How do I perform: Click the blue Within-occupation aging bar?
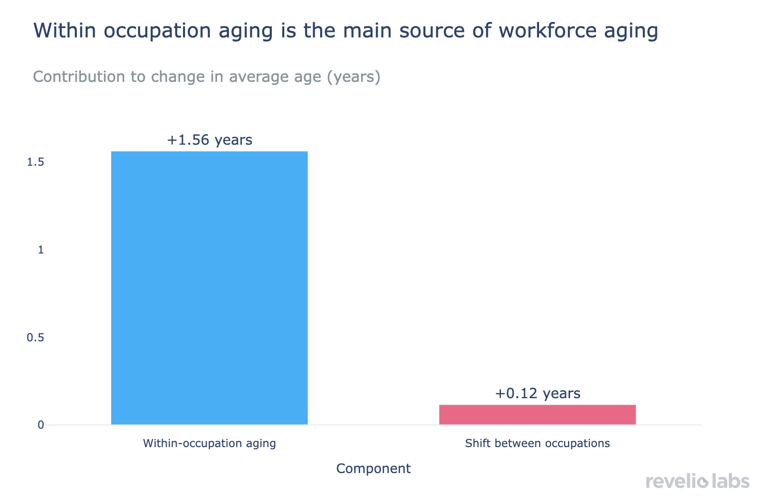coord(209,288)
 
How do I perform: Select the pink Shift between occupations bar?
coord(537,415)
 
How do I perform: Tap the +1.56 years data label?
coord(209,140)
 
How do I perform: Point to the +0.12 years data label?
coord(538,394)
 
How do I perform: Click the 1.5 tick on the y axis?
coord(35,162)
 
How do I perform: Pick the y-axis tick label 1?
coord(41,250)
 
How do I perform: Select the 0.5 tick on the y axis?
coord(35,338)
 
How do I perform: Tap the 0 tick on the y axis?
coord(41,425)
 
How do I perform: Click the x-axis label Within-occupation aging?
coord(209,443)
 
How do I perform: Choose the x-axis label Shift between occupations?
coord(537,443)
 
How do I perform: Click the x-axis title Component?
coord(374,469)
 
